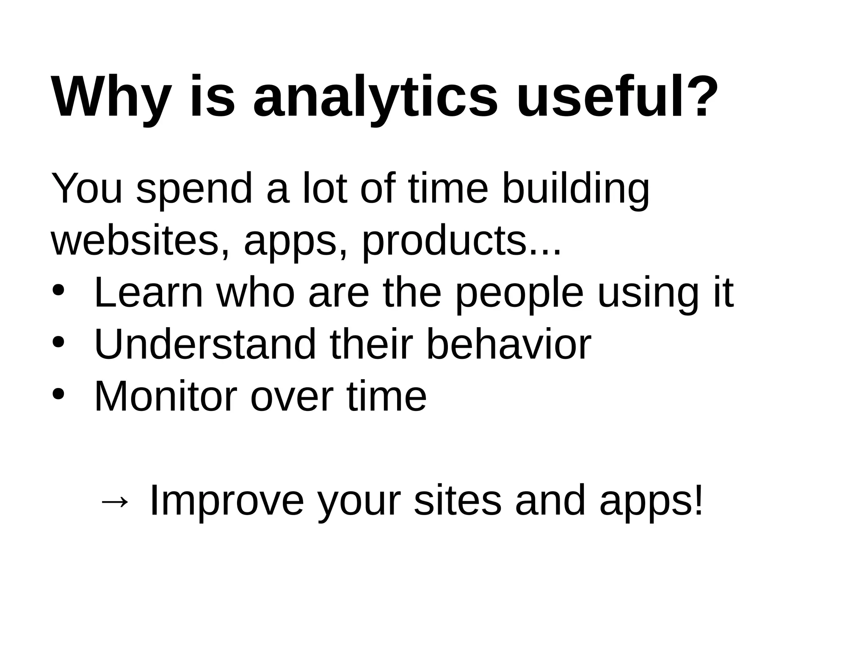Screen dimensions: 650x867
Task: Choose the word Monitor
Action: click(165, 397)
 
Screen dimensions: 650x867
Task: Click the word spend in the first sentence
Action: click(194, 190)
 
